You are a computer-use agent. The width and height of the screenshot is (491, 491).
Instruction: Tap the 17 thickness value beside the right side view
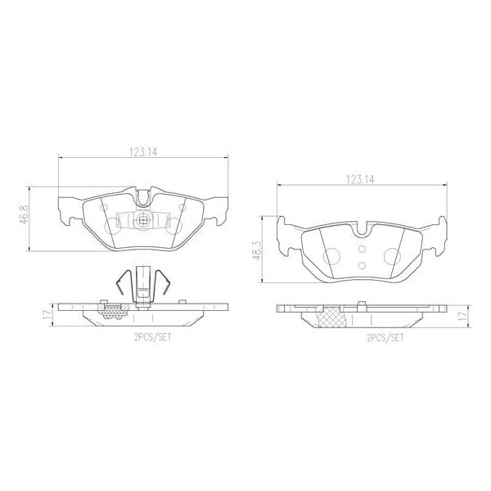pos(462,315)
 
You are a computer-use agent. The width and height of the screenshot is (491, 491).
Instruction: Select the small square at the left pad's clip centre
pos(142,218)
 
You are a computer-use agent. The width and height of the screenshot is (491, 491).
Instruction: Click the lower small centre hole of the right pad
pos(361,264)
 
